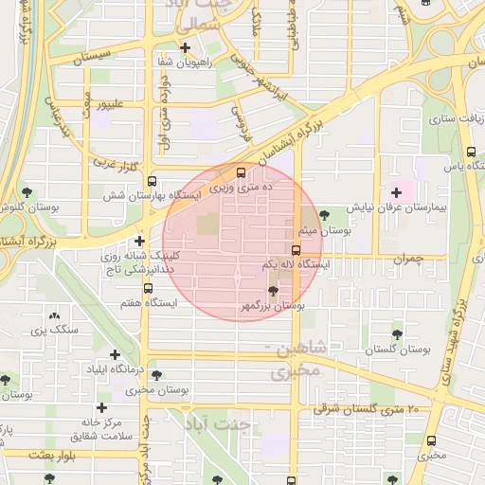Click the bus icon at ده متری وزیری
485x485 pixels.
click(241, 172)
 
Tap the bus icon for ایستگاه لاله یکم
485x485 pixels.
click(296, 251)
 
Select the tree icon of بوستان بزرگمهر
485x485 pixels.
click(274, 291)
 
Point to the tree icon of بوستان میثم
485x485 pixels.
click(326, 215)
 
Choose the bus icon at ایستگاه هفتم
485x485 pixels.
click(147, 288)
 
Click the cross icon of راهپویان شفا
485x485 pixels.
click(185, 47)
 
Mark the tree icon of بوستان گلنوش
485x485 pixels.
click(26, 192)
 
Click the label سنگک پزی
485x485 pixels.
click(51, 330)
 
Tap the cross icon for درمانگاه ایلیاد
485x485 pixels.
click(115, 354)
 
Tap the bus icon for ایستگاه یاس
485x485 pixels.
click(471, 152)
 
